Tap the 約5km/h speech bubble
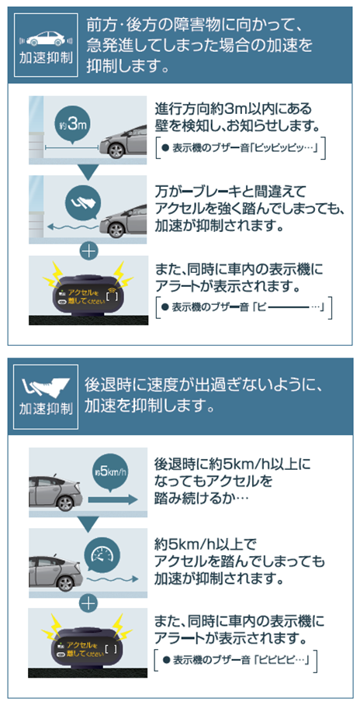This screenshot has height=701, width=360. tap(109, 471)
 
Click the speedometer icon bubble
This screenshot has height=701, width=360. tap(102, 554)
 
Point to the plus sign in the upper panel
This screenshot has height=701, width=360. tap(89, 251)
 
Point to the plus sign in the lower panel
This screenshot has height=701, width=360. tap(89, 603)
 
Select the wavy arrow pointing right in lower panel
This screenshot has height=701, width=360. tap(110, 579)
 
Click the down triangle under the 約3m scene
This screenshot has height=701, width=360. tap(88, 171)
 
